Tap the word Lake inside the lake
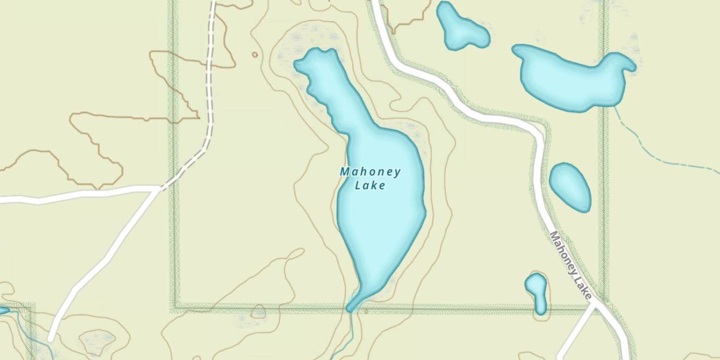click(370, 186)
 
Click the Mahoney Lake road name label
click(570, 265)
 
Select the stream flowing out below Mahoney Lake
click(351, 331)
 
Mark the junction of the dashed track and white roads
click(159, 189)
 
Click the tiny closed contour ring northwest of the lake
click(255, 55)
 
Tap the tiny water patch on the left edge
click(3, 311)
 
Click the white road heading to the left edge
click(72, 195)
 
